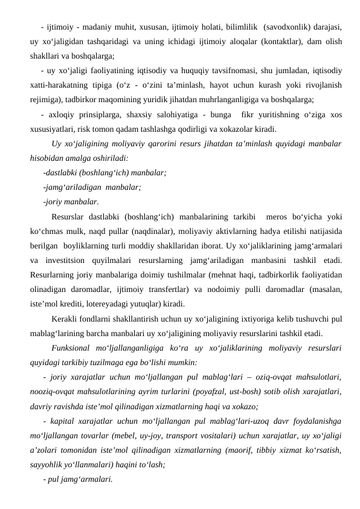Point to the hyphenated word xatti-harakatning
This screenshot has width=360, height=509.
coord(65,83)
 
